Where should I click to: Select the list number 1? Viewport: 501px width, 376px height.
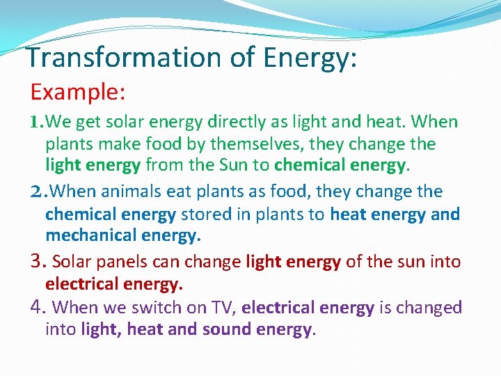tap(37, 123)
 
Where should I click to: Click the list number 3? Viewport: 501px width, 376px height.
tap(38, 262)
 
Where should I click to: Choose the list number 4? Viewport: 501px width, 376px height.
tap(38, 307)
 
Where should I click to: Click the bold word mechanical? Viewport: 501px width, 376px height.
tap(93, 235)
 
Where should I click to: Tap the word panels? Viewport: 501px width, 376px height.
tap(122, 262)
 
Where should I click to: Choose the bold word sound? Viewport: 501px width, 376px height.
tap(226, 329)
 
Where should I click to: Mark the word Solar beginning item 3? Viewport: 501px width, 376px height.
tap(72, 262)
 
